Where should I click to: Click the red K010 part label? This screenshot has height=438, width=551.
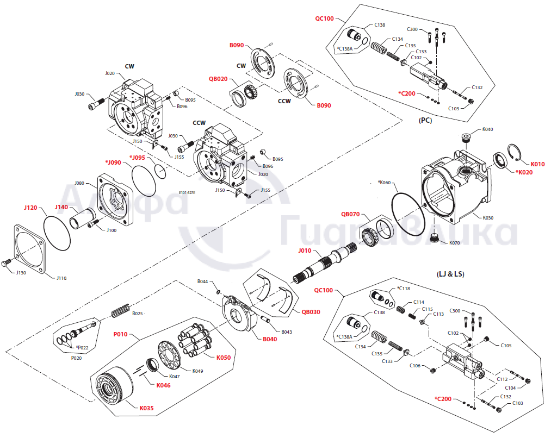coord(537,164)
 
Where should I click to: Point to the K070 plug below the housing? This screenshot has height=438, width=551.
coord(435,237)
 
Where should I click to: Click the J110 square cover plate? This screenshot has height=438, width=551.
coord(30,248)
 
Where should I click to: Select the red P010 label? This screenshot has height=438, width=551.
coord(120,334)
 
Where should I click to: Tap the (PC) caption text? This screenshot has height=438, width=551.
coord(425,121)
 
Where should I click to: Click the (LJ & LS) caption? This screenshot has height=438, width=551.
coord(450,274)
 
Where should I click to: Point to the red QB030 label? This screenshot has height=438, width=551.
coord(311,312)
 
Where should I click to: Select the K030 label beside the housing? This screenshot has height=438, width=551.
coord(488,217)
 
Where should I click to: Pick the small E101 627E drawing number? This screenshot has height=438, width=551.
coord(187,193)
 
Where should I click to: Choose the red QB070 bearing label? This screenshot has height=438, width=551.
coord(350,214)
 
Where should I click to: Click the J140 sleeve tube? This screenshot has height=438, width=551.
coord(82,218)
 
